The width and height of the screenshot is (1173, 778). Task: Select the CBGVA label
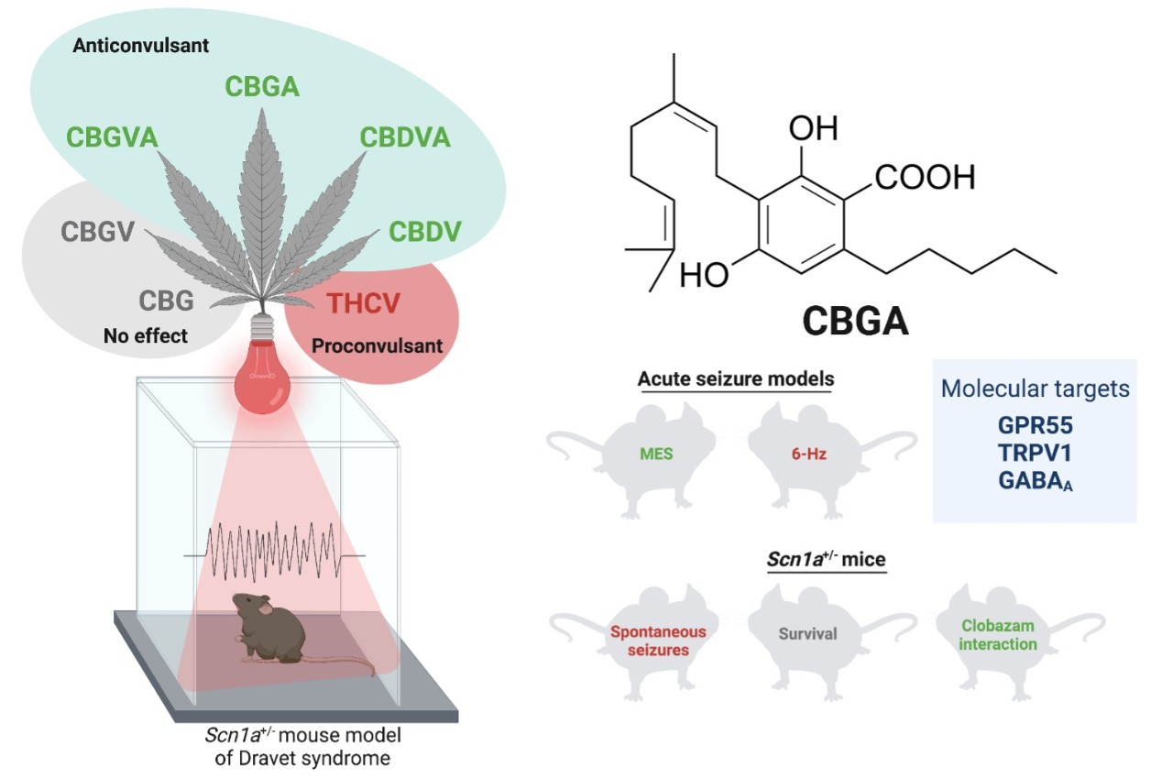(x=112, y=137)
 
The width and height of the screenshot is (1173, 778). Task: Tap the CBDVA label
(x=405, y=137)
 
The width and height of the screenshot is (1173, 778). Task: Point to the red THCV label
(x=363, y=304)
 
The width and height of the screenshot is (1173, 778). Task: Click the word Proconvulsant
(x=377, y=347)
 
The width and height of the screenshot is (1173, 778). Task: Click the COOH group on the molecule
(x=925, y=177)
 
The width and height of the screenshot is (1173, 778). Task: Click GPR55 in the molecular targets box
(x=1035, y=427)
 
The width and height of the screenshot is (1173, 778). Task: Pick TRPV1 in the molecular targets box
(x=1035, y=454)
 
